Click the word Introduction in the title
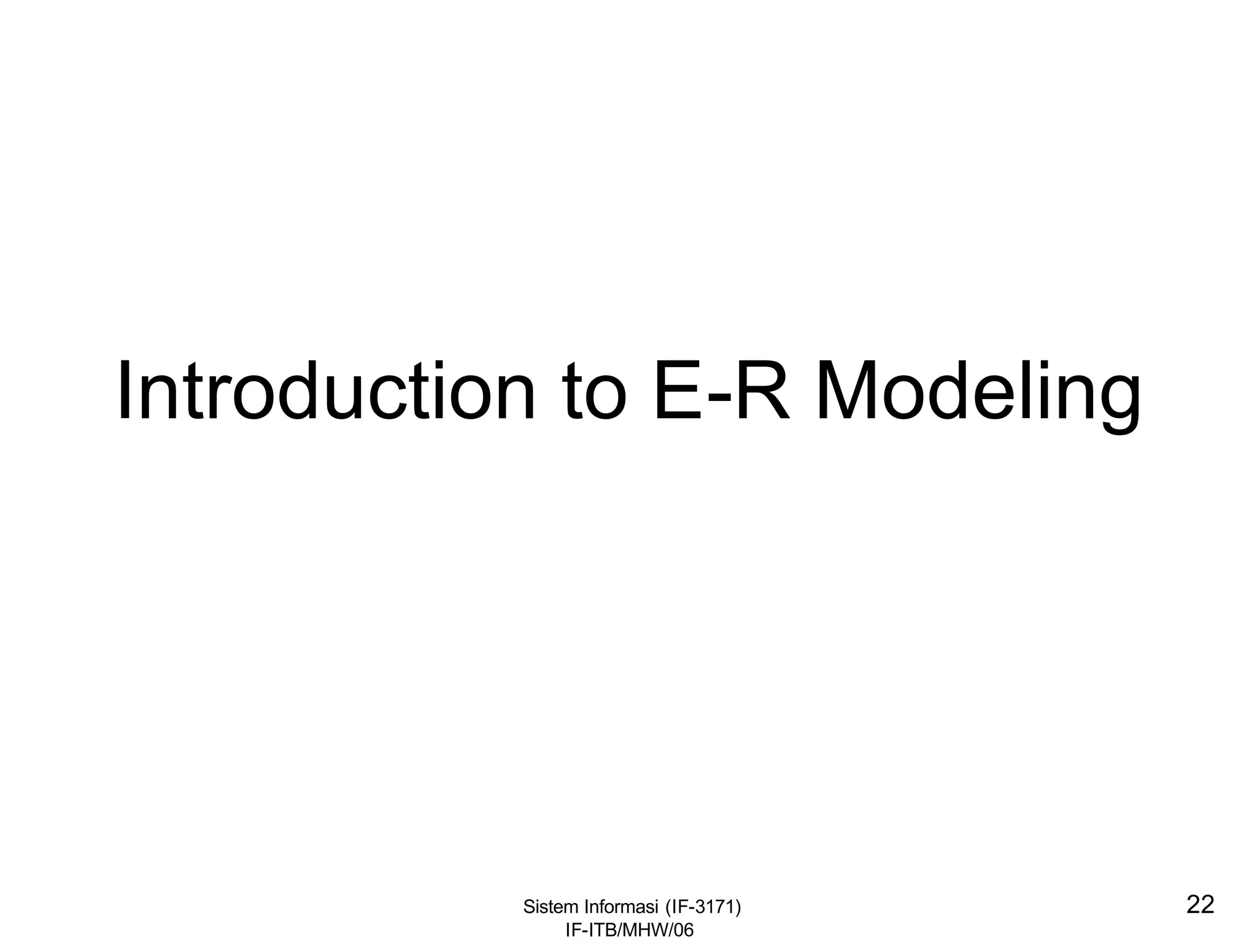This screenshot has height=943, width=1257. tap(326, 391)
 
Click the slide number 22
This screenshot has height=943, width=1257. tap(1201, 905)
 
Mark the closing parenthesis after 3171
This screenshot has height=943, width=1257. tap(738, 907)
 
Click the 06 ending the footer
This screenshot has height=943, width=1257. tap(684, 930)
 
